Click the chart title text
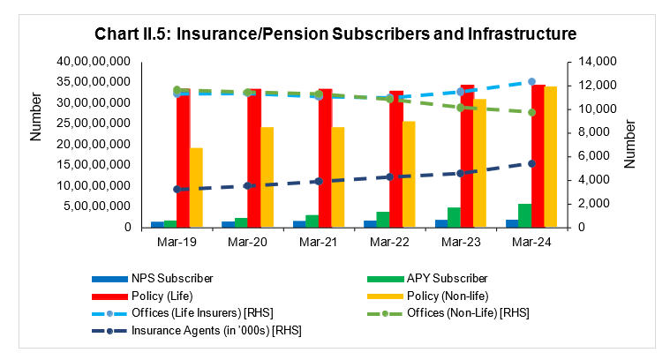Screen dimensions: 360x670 coord(335,34)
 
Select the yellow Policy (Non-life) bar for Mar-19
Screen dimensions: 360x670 coord(196,187)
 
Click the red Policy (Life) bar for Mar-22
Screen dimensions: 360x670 coord(396,159)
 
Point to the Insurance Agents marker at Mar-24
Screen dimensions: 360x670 coord(531,163)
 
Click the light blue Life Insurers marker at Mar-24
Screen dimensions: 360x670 coord(531,82)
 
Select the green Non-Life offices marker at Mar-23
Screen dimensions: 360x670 coord(460,108)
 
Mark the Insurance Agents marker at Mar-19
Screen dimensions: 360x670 coord(177,189)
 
